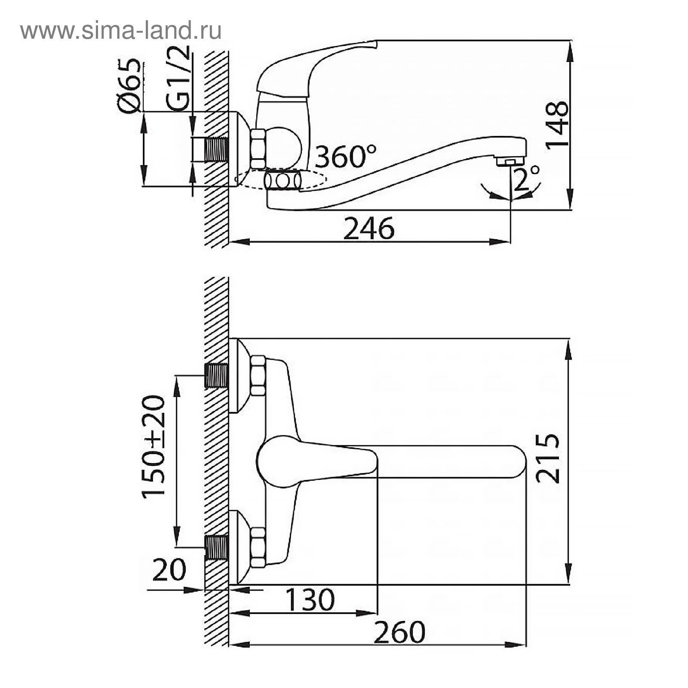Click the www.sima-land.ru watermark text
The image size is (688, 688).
[121, 31]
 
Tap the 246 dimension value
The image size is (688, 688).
[369, 229]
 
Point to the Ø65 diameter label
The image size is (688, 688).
[129, 86]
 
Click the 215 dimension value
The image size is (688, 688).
[548, 459]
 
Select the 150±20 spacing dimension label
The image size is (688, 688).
[154, 446]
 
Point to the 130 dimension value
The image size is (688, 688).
[310, 600]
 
